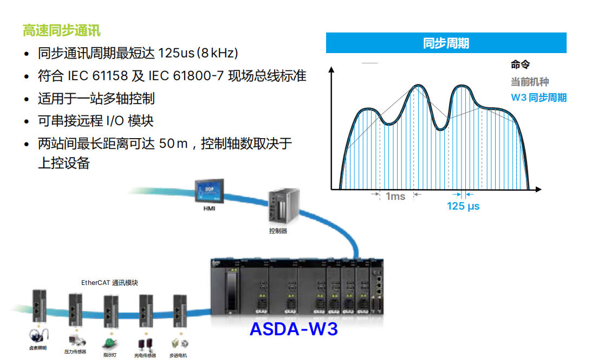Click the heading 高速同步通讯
coord(62,30)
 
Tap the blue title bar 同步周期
coord(446,43)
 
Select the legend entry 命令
coord(520,65)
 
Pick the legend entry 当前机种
coord(530,82)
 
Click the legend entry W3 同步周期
coord(538,98)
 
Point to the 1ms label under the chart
coord(395,197)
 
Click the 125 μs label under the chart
coord(463,206)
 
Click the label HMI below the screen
coord(209,209)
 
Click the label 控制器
coord(278,231)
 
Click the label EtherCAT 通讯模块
coord(109,283)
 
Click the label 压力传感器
coord(75,352)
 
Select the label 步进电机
coord(178,355)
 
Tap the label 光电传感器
coord(145,355)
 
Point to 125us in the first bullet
coord(177,53)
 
